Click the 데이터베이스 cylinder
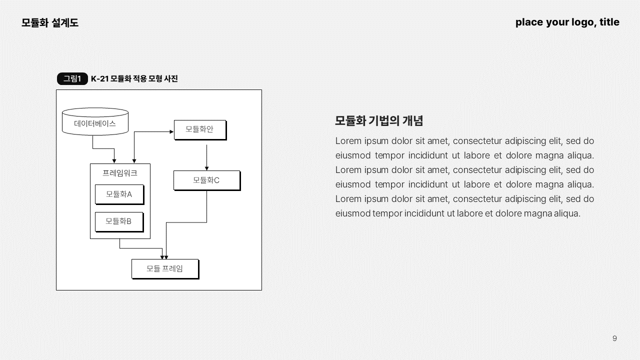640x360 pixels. pyautogui.click(x=95, y=122)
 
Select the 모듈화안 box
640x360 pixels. pyautogui.click(x=199, y=129)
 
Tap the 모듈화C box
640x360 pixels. pyautogui.click(x=206, y=180)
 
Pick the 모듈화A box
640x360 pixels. pyautogui.click(x=119, y=194)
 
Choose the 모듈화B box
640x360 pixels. pyautogui.click(x=118, y=221)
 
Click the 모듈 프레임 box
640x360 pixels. pyautogui.click(x=164, y=268)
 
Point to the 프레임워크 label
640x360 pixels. pyautogui.click(x=120, y=173)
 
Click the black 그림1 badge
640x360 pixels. pyautogui.click(x=72, y=78)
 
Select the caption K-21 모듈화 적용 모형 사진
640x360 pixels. pyautogui.click(x=134, y=78)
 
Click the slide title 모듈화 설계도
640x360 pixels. pyautogui.click(x=50, y=22)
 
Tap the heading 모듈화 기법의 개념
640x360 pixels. pyautogui.click(x=379, y=120)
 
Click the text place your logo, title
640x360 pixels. pyautogui.click(x=567, y=22)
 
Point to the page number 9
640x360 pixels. pyautogui.click(x=614, y=338)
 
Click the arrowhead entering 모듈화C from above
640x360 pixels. pyautogui.click(x=206, y=168)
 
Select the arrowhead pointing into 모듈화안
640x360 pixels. pyautogui.click(x=171, y=132)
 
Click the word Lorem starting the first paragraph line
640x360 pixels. pyautogui.click(x=348, y=141)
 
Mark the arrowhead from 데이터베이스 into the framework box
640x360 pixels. pyautogui.click(x=114, y=161)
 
